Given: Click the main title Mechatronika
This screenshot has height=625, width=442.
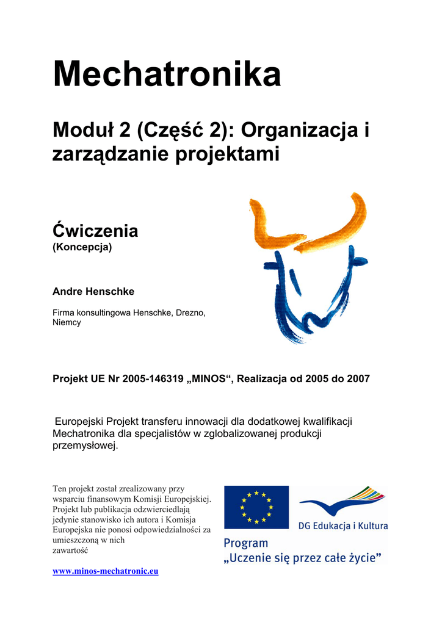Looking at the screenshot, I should click(167, 74).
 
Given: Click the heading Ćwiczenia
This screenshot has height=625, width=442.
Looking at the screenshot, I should click(95, 231).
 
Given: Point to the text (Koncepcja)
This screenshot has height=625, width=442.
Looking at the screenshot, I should click(82, 248).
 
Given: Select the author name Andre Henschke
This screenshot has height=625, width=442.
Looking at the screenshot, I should click(93, 292).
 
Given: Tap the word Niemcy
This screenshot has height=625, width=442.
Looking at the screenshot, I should click(67, 322).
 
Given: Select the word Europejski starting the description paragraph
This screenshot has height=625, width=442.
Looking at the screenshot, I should click(79, 422).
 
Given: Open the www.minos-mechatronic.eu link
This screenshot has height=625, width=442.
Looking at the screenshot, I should click(106, 571).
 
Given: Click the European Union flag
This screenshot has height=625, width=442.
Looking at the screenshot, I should click(256, 507).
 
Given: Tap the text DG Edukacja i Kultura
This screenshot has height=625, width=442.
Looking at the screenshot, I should click(342, 525).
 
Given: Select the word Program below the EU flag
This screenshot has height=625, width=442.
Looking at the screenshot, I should click(246, 543).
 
